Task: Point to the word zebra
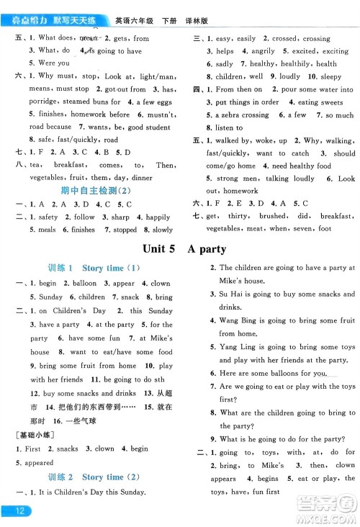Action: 230,115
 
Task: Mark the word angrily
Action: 264,51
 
